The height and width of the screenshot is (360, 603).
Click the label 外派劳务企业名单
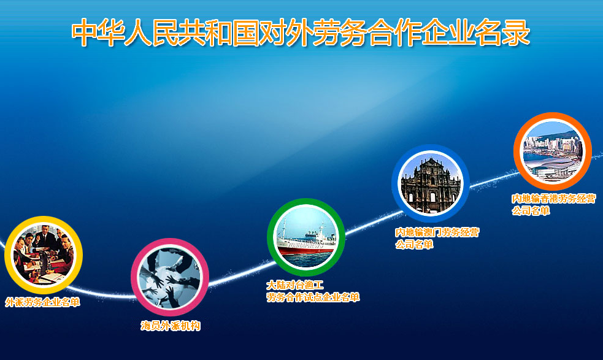43,302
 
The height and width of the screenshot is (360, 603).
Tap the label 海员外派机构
171,326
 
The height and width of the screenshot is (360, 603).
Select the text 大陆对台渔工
295,285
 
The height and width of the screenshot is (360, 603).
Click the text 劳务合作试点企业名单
313,297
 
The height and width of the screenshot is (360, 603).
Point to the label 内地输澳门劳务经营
437,232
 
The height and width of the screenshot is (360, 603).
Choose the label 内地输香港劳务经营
553,199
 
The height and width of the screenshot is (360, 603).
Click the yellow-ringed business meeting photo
44,255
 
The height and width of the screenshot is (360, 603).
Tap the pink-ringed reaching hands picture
170,277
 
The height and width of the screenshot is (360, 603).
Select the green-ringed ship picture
306,237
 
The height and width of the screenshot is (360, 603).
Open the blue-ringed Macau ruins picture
431,183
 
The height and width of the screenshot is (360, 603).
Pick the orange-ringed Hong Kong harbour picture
553,151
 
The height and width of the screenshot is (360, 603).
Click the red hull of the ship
307,250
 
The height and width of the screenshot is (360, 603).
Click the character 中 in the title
84,33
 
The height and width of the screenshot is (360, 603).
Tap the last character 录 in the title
517,33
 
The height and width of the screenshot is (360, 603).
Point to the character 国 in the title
245,33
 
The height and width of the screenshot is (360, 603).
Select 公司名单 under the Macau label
415,245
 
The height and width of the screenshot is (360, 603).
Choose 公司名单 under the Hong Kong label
531,211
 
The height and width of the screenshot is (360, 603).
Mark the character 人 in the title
137,33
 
